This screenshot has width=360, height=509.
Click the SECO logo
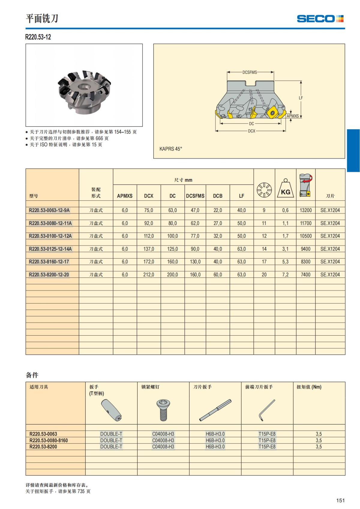320,19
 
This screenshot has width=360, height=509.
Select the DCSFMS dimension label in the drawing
250,72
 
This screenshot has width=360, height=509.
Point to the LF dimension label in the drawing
301,98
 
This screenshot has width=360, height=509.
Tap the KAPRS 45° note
171,149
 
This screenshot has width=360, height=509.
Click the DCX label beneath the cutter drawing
251,131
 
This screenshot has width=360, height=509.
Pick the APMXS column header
124,196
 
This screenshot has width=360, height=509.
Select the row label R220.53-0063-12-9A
49,210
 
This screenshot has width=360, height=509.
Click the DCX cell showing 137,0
148,249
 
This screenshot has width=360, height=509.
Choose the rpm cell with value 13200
305,210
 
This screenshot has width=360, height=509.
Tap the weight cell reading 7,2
285,274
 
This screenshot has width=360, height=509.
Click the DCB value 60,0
217,274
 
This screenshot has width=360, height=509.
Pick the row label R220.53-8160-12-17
49,262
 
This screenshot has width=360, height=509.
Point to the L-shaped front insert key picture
267,410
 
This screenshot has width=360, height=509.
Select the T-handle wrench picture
111,411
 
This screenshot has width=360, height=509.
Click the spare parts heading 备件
32,375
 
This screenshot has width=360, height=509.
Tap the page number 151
340,500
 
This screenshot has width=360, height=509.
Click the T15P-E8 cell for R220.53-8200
267,447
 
